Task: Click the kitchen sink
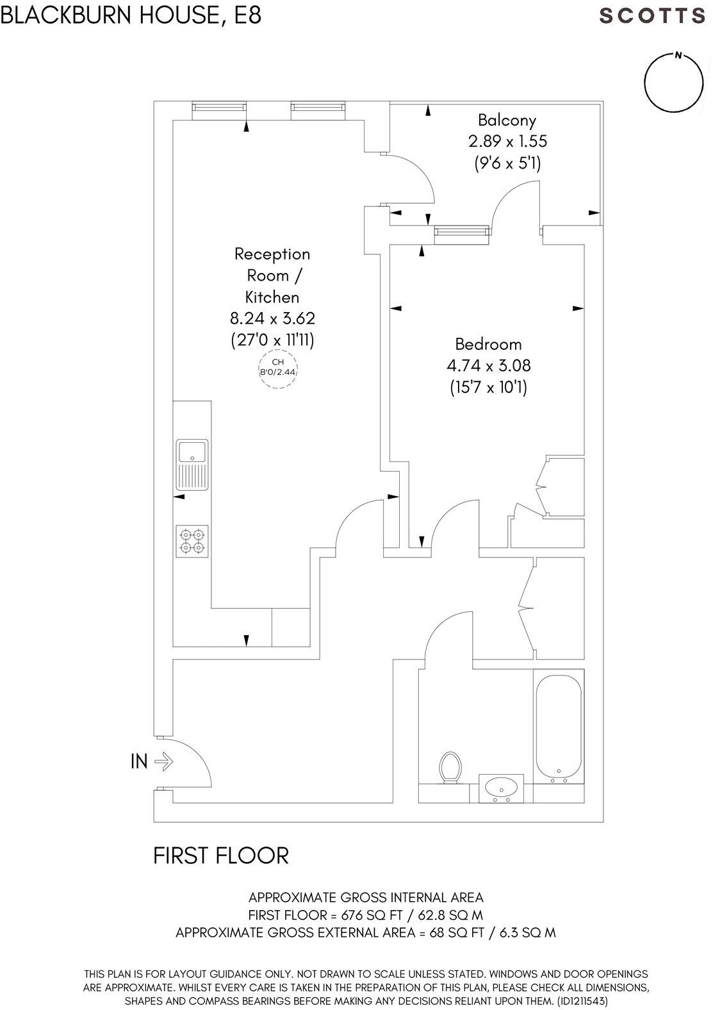click(192, 452)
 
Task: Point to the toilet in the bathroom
click(451, 766)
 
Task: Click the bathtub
click(559, 725)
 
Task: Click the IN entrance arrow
click(163, 761)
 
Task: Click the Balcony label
click(507, 120)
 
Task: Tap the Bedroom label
click(488, 345)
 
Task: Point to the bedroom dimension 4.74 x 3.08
click(488, 366)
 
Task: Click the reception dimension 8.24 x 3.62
click(272, 319)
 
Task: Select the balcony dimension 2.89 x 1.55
click(507, 141)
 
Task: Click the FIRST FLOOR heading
click(221, 856)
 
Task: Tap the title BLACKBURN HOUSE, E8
click(131, 15)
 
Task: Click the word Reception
click(272, 254)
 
